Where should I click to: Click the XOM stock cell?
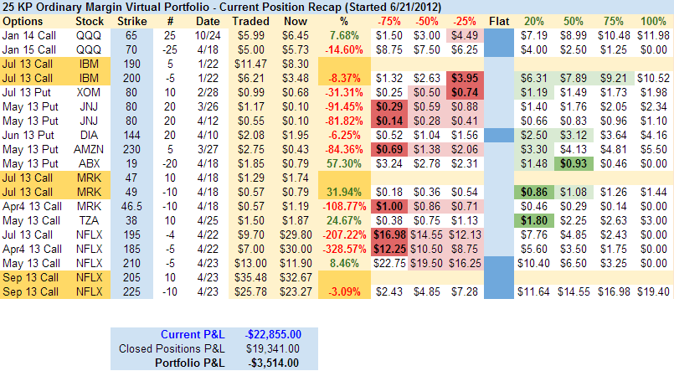coord(89,90)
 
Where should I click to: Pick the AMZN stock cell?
coord(89,147)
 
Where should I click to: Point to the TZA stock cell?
coord(89,219)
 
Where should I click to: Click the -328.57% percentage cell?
coord(340,248)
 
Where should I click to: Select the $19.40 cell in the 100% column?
coord(652,291)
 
